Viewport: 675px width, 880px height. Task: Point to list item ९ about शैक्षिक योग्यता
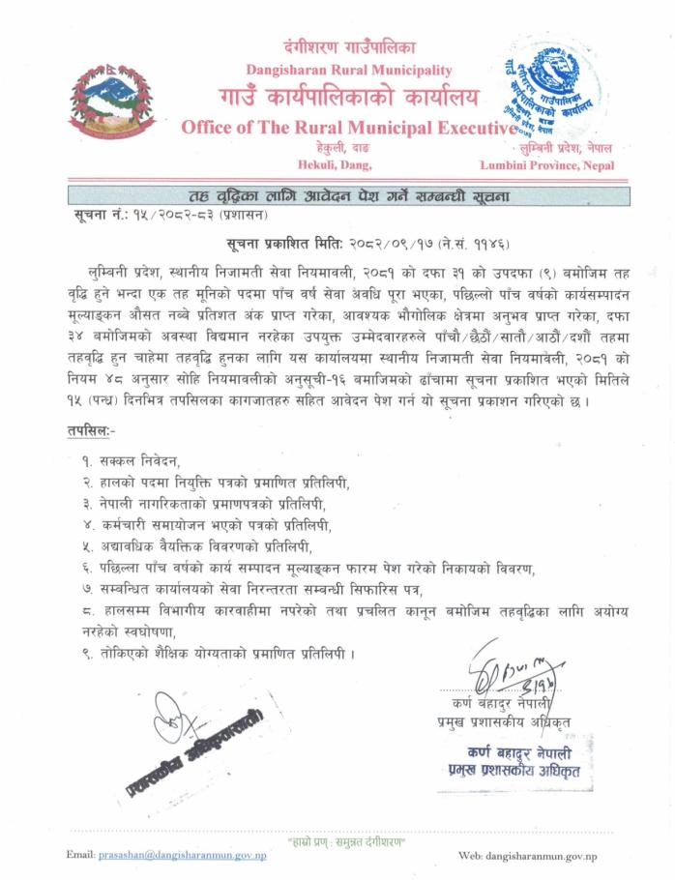pos(218,654)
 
